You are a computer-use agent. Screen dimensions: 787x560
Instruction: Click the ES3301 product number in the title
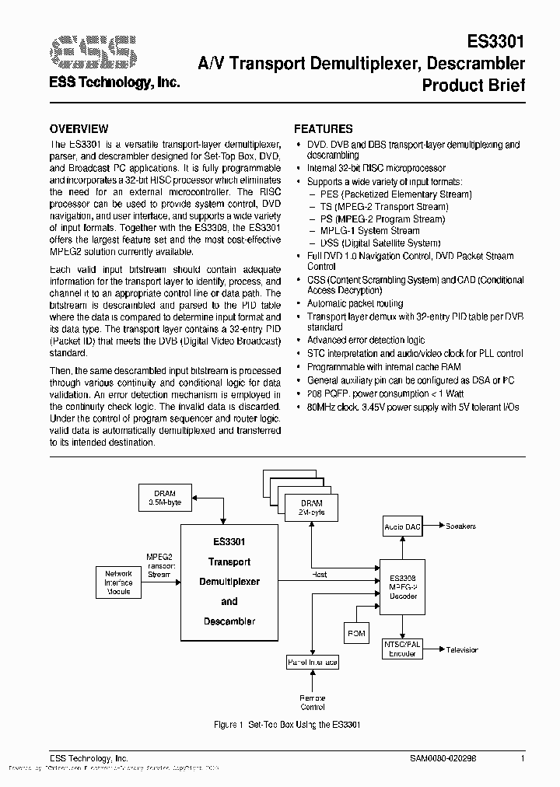click(x=495, y=40)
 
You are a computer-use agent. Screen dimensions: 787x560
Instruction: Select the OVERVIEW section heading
click(x=79, y=129)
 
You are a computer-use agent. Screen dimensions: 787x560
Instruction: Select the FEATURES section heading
click(x=323, y=129)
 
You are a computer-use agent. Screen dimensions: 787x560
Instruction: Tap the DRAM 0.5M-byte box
click(x=164, y=498)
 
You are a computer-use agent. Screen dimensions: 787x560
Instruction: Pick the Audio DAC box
click(x=402, y=527)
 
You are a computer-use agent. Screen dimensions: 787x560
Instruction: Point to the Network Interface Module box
click(x=118, y=583)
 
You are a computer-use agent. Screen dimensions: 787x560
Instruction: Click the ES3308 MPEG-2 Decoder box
click(x=402, y=587)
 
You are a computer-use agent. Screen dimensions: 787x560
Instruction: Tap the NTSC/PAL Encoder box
click(x=402, y=649)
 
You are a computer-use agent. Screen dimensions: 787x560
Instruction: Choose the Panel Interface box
click(x=313, y=662)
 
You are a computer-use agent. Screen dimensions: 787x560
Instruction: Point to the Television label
click(x=462, y=649)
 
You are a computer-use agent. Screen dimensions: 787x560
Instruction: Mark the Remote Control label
click(x=313, y=703)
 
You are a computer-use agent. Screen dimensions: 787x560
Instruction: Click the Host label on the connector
click(x=319, y=575)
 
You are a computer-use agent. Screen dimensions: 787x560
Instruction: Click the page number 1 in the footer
click(x=523, y=758)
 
